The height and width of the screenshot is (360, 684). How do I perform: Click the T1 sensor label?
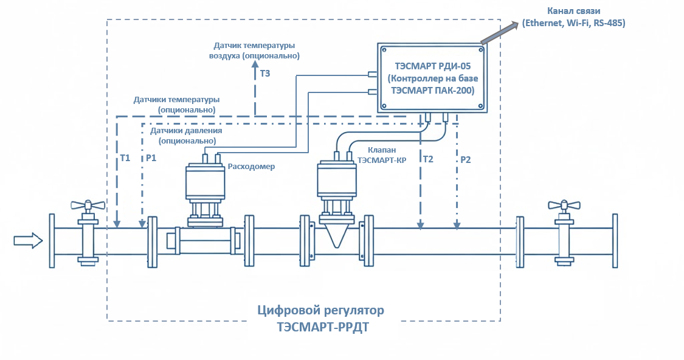pos(125,158)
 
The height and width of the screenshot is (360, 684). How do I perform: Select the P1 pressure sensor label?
pos(151,158)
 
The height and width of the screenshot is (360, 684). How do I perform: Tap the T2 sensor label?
pos(428,159)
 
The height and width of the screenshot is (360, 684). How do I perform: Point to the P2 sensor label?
pos(465,160)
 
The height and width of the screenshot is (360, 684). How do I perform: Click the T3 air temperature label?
pos(265,74)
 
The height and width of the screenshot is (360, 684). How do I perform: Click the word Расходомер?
pos(251,167)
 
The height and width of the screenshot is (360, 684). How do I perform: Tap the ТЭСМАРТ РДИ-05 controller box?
pos(432,77)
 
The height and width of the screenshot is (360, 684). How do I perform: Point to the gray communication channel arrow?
pos(497,35)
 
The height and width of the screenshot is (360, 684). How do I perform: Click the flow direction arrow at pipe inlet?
pos(28,241)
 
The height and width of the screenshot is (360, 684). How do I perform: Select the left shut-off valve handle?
pos(86,205)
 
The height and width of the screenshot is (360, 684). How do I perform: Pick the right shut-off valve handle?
pos(563,206)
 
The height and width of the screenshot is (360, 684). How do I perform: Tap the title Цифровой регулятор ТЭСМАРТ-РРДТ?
pos(321,319)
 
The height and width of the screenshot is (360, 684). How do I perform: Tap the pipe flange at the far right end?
pos(615,241)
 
